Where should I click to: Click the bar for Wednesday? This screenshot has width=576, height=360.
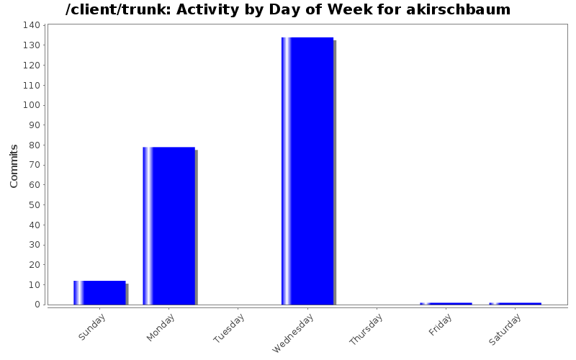[x=307, y=171]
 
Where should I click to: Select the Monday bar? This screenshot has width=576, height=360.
[x=169, y=225]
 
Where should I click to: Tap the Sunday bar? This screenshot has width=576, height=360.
[x=99, y=292]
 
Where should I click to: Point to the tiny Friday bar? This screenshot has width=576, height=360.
[x=446, y=303]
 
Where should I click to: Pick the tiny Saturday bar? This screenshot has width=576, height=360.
[x=515, y=303]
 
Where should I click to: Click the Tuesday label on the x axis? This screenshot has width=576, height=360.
[x=230, y=328]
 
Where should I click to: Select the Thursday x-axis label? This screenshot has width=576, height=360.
[x=366, y=330]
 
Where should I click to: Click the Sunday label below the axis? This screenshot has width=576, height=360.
[x=92, y=326]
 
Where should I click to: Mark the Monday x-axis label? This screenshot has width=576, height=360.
[x=161, y=326]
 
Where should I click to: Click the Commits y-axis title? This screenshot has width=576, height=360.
[x=14, y=166]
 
